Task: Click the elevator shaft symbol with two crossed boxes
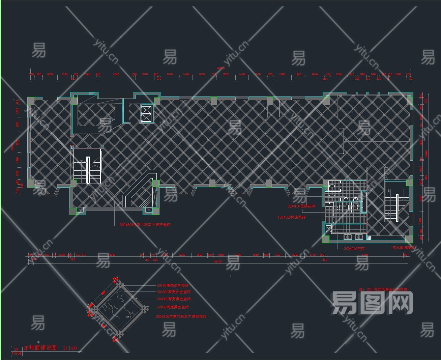point(147,114)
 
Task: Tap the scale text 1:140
point(70,348)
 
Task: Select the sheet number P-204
point(17,353)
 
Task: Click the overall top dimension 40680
point(220,68)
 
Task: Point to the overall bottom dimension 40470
point(218,261)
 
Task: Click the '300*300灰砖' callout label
point(354,248)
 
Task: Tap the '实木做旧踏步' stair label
point(404,247)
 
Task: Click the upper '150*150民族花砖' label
point(301,206)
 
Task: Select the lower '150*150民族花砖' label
point(292,217)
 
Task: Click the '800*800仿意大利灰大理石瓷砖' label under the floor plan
point(145,224)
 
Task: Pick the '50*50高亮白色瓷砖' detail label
point(173,285)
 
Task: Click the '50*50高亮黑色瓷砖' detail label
point(173,307)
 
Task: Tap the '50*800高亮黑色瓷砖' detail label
point(174,299)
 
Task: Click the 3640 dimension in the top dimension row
point(116,74)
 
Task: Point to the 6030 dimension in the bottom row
point(112,255)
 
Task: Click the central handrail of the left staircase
point(88,170)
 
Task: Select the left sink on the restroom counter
point(347,237)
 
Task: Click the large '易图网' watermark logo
point(372,302)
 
